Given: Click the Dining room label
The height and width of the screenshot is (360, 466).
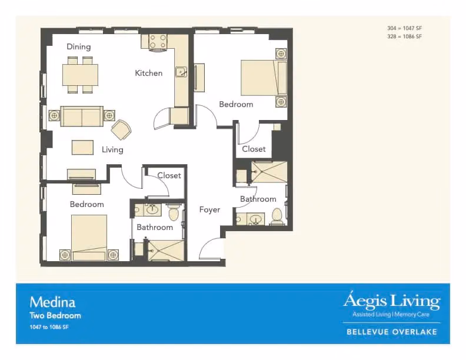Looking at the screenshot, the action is [x=78, y=46].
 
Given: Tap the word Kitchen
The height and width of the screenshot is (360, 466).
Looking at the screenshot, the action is [x=149, y=73].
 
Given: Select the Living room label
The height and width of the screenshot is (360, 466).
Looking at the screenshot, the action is [x=112, y=149].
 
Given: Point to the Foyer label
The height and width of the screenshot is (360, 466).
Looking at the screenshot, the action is [x=209, y=209].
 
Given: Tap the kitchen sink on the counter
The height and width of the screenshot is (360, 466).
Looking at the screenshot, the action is [x=181, y=72].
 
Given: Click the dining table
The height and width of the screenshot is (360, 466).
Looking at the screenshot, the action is [x=80, y=75].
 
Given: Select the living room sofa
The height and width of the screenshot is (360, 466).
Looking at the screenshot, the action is [x=82, y=116].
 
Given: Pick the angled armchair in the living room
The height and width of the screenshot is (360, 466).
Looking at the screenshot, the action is [x=121, y=129].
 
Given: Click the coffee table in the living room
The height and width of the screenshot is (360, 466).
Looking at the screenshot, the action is [x=82, y=147].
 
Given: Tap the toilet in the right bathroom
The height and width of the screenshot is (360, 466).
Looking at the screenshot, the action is [x=277, y=216].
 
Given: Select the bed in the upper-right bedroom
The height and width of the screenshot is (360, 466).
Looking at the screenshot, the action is [x=264, y=78].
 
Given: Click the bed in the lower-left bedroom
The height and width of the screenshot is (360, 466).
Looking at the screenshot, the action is [x=89, y=238].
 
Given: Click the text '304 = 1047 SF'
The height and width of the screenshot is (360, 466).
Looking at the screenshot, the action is [x=404, y=28].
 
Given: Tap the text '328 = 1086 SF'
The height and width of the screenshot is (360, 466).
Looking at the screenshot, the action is [x=404, y=36].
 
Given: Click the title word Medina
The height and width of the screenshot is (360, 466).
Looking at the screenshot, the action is [x=52, y=302].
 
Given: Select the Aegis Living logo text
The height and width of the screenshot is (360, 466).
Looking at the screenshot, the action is [x=392, y=301].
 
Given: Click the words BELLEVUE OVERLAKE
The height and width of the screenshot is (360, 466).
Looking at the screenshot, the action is [x=392, y=332].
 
